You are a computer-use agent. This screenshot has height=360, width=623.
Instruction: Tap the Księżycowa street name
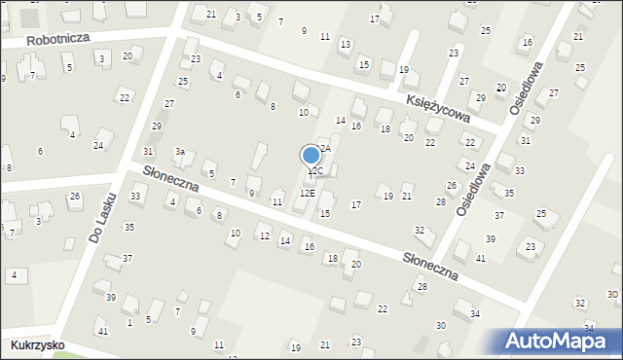(438, 101)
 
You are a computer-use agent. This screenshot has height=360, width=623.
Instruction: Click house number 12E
(307, 194)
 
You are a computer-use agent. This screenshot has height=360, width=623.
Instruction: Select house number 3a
(180, 152)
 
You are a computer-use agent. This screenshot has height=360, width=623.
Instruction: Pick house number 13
(345, 44)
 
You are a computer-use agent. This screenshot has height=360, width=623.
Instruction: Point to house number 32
(420, 231)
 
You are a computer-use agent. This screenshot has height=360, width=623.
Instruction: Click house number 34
(475, 313)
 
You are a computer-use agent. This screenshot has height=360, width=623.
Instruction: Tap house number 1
(129, 322)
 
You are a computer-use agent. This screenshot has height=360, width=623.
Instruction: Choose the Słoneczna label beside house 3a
(170, 177)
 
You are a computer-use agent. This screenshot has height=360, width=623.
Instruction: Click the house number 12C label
(315, 171)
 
